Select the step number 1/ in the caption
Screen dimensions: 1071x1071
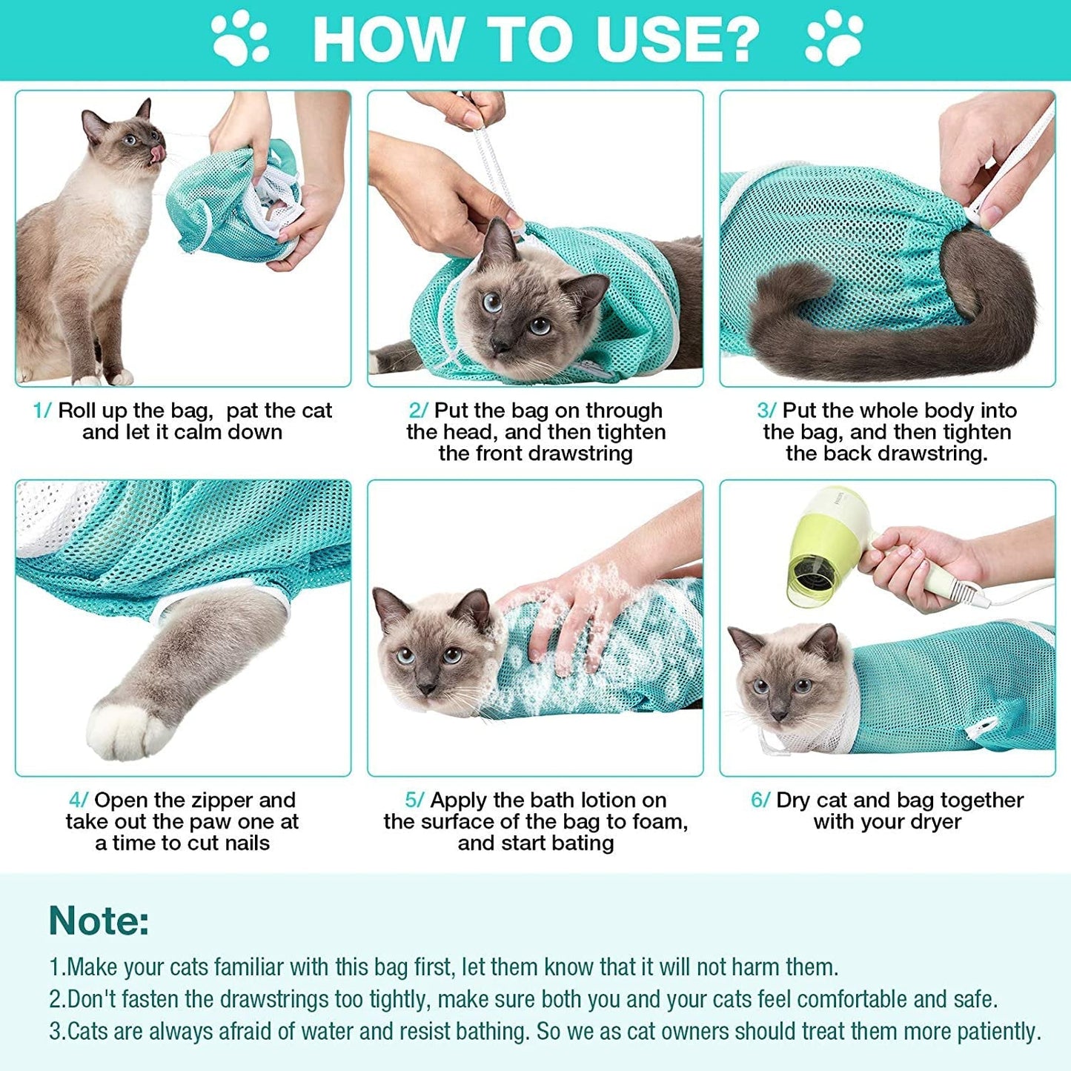click(42, 411)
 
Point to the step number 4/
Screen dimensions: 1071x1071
click(78, 800)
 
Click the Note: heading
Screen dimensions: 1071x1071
click(99, 921)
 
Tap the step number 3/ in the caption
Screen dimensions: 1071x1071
click(766, 411)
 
